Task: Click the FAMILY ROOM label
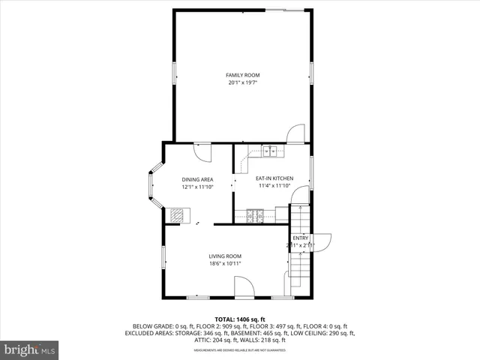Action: (x=242, y=75)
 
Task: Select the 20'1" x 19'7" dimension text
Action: (x=242, y=82)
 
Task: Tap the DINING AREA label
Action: (x=198, y=179)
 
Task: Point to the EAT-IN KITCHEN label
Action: (x=274, y=178)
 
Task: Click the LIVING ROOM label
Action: (x=225, y=256)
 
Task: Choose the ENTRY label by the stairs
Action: (x=300, y=238)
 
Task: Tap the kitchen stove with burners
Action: (x=255, y=216)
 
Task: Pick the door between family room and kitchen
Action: (x=295, y=133)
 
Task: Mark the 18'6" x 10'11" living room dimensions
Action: (x=225, y=264)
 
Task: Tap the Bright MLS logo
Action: (x=30, y=349)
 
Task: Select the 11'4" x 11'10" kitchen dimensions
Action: (x=274, y=186)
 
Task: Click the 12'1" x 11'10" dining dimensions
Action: (x=198, y=187)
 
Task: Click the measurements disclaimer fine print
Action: (x=240, y=350)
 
